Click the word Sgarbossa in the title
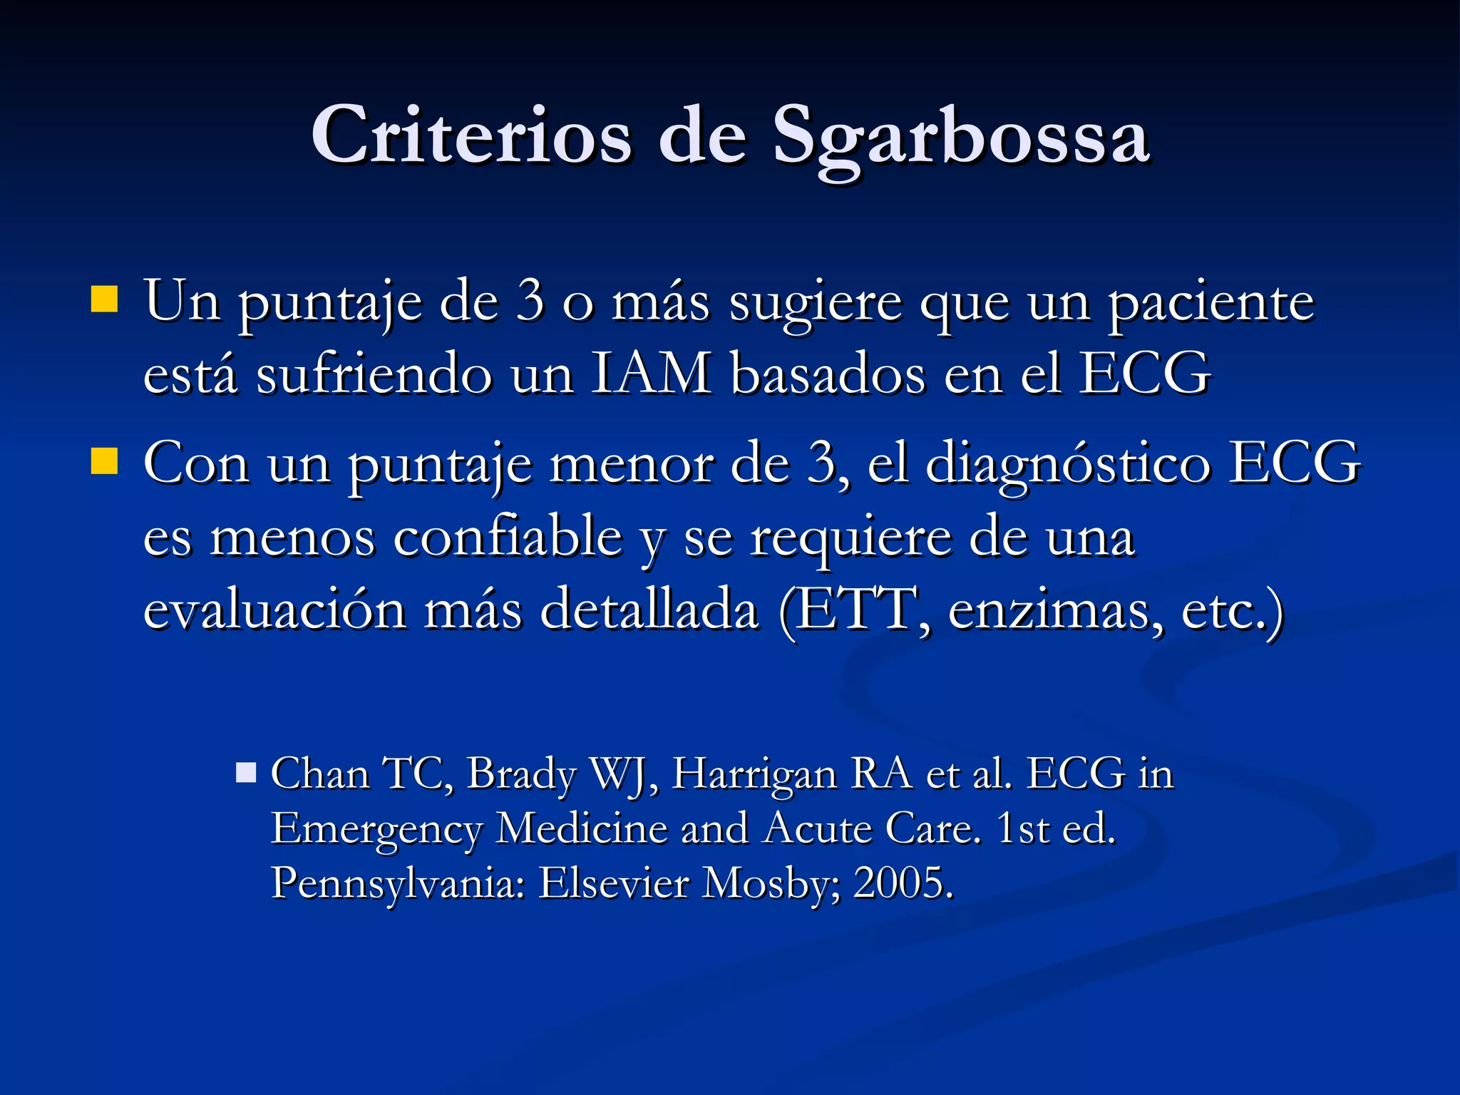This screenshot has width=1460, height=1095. [x=961, y=136]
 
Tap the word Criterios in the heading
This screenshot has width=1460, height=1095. [x=471, y=136]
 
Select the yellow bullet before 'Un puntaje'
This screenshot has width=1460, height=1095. [x=104, y=299]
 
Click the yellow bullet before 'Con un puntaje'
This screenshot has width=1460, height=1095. [x=104, y=461]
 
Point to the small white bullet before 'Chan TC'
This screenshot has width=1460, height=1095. [x=246, y=773]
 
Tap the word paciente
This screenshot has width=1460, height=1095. [x=1210, y=302]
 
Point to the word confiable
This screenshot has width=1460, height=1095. [x=508, y=537]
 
